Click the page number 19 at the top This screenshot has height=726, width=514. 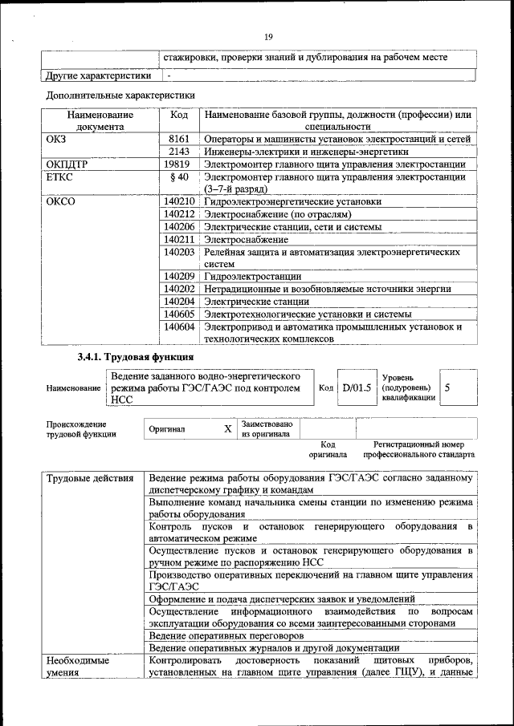(x=268, y=35)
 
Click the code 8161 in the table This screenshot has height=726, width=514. (x=179, y=139)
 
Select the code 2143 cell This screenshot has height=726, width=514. (x=179, y=152)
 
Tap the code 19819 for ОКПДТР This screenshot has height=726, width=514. (x=179, y=164)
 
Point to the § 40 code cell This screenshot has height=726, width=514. (x=179, y=177)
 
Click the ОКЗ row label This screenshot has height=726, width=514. (x=57, y=139)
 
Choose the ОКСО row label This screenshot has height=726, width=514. (x=61, y=202)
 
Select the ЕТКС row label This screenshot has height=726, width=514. (x=60, y=177)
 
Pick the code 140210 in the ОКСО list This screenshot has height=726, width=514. (x=179, y=202)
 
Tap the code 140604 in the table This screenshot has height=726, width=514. (x=179, y=326)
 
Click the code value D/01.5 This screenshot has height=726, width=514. (x=357, y=388)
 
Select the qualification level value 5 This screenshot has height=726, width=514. (x=447, y=387)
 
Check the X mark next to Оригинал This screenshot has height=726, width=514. (x=227, y=429)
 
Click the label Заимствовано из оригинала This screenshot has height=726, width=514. (x=267, y=428)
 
